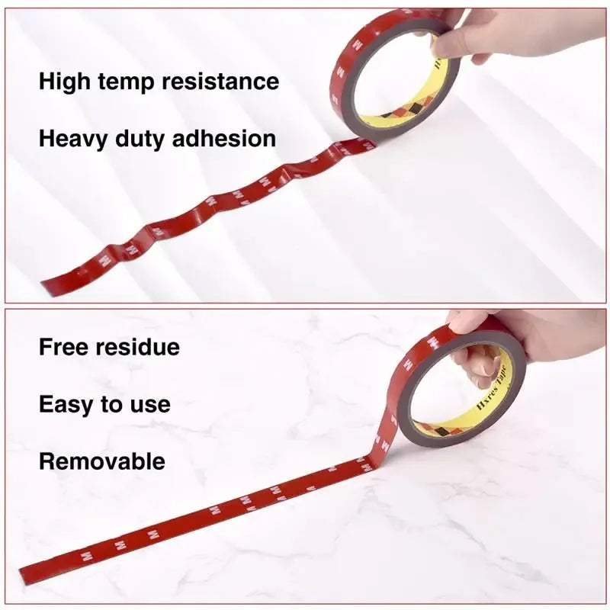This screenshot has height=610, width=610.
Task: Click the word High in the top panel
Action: pyautogui.click(x=64, y=82)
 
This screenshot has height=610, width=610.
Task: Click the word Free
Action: pyautogui.click(x=64, y=347)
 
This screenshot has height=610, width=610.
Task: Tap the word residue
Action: pyautogui.click(x=138, y=347)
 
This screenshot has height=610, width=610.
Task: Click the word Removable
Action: pyautogui.click(x=101, y=461)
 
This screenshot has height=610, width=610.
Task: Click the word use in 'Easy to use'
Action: pyautogui.click(x=149, y=405)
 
